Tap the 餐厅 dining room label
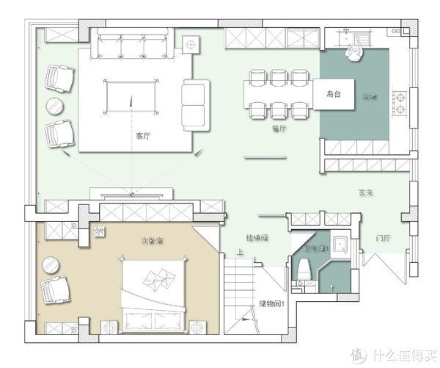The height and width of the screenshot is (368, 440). pyautogui.click(x=278, y=128)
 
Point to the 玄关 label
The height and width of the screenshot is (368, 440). pyautogui.click(x=367, y=193)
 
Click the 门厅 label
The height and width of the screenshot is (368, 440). pyautogui.click(x=381, y=238)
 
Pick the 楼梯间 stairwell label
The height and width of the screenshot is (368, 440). pyautogui.click(x=257, y=238)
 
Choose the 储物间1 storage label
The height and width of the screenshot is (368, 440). pyautogui.click(x=271, y=303)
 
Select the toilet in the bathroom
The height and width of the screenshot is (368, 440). pyautogui.click(x=307, y=270)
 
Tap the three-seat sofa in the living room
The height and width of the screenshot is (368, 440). pyautogui.click(x=133, y=45)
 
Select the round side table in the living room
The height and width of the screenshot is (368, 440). pyautogui.click(x=56, y=106)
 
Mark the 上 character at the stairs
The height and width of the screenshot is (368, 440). pyautogui.click(x=240, y=253)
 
